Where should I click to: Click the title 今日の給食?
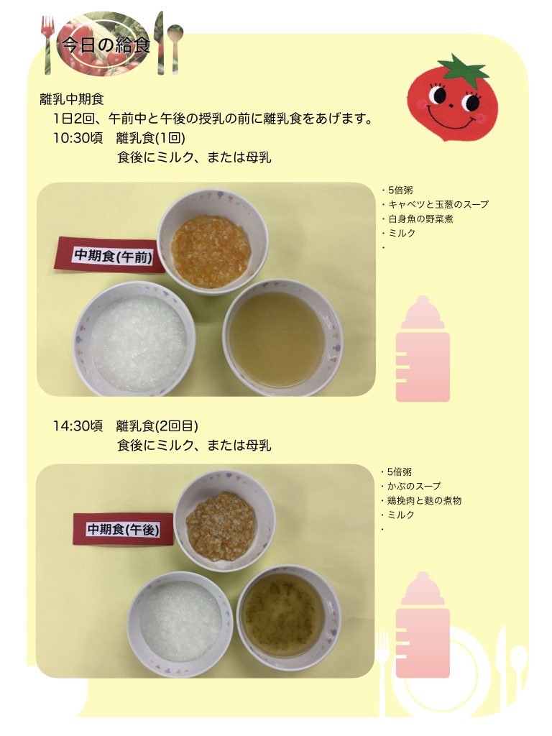(x=106, y=45)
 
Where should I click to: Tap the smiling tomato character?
(x=451, y=99)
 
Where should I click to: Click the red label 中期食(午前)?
(x=112, y=256)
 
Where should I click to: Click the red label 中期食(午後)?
(x=123, y=530)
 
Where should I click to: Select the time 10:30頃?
(x=78, y=138)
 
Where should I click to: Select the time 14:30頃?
(x=78, y=425)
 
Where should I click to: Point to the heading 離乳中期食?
(x=72, y=99)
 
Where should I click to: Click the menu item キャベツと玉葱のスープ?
(x=438, y=204)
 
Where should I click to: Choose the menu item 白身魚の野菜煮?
(x=420, y=218)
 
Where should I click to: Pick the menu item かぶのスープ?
(x=414, y=487)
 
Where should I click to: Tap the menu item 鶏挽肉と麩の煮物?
(x=424, y=500)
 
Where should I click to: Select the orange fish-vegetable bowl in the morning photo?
(x=212, y=242)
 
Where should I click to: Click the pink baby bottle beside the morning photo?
(x=423, y=349)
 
